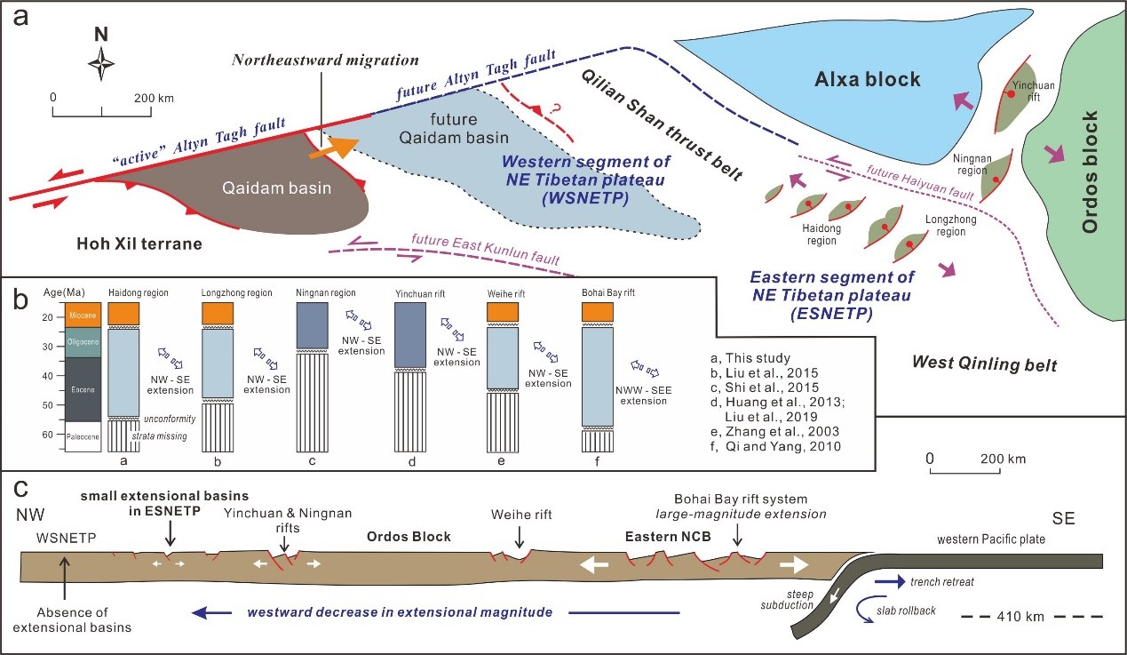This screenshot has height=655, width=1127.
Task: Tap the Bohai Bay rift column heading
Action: [607, 292]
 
